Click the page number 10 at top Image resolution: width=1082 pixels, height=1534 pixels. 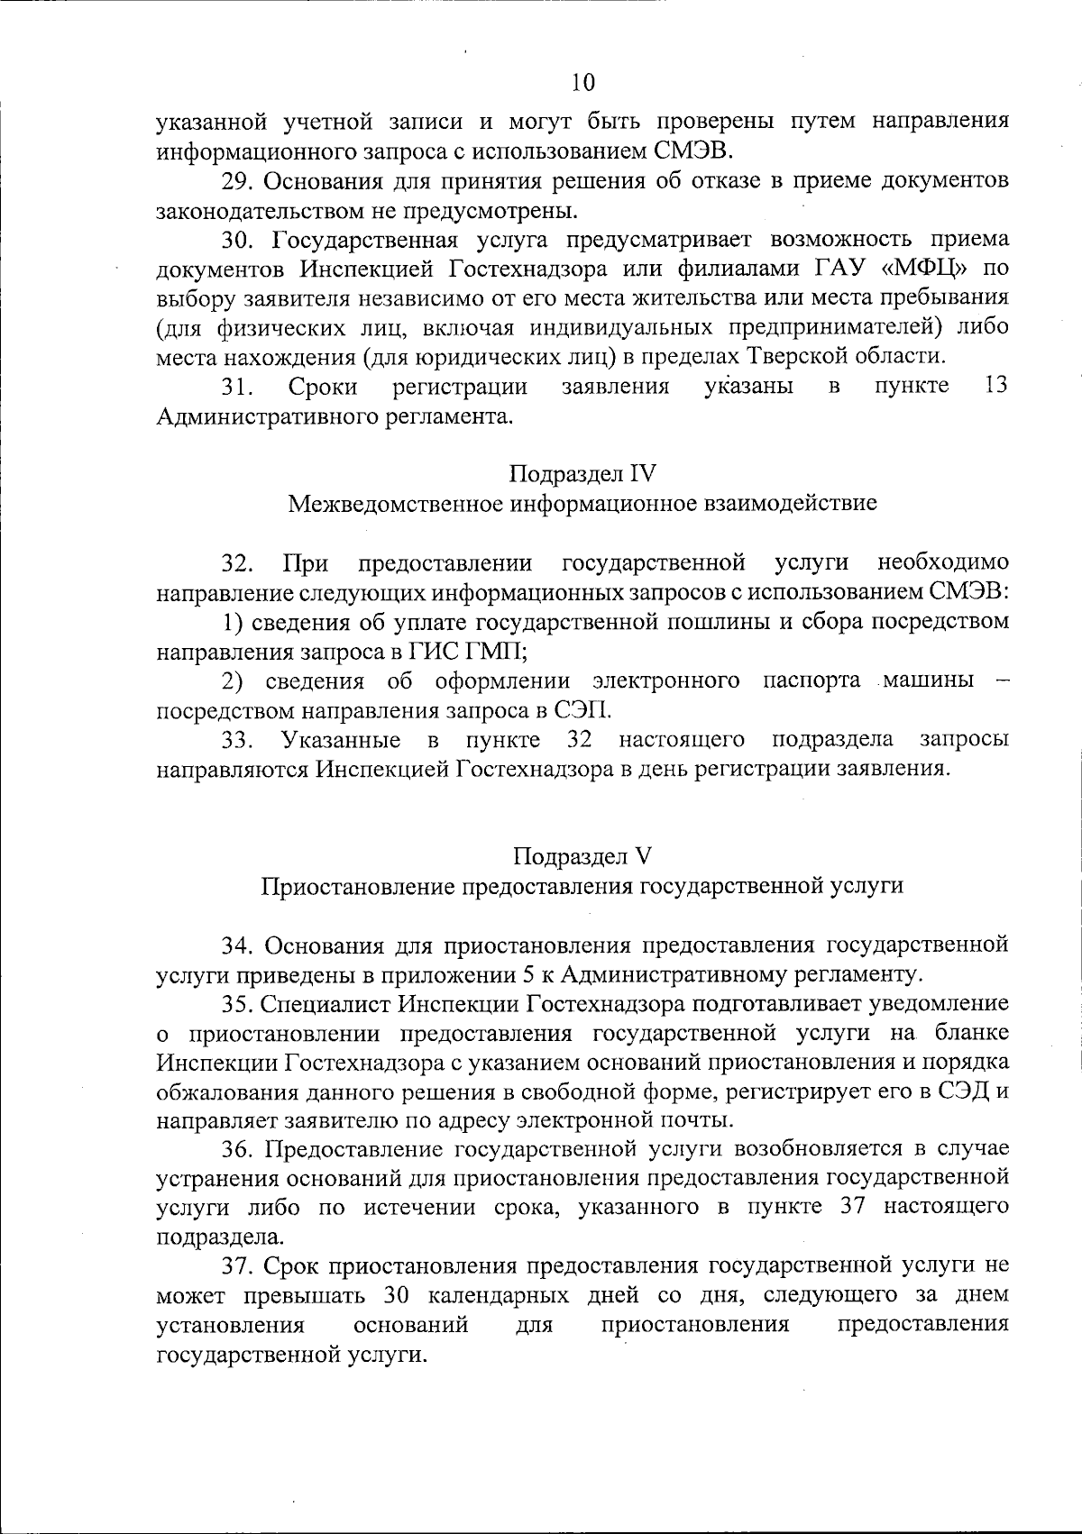(583, 83)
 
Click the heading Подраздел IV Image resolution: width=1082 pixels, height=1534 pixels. (582, 473)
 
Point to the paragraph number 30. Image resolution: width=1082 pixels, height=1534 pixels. (239, 240)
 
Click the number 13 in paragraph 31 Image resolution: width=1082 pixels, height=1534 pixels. (995, 386)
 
